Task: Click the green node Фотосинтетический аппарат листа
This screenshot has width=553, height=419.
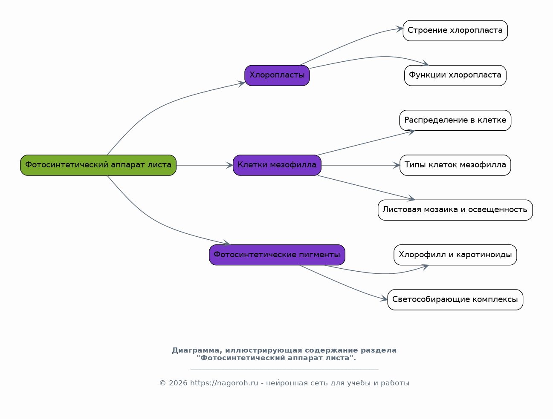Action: [98, 165]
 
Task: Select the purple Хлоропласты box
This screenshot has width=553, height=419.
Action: [277, 75]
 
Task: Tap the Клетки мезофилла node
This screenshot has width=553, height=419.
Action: [277, 165]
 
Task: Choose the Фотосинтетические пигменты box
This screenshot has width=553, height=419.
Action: [277, 255]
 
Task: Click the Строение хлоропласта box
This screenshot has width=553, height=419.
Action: [455, 31]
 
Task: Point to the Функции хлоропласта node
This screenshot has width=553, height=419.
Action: [455, 75]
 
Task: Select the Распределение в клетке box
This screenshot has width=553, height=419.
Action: [455, 120]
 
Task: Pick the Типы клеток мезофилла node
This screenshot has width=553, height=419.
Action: [455, 165]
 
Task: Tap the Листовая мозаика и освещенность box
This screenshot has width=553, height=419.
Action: [455, 210]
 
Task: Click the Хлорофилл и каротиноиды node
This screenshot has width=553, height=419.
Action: [455, 255]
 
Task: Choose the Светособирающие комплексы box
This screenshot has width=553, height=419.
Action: [455, 299]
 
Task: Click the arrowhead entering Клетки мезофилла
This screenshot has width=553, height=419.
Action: [230, 165]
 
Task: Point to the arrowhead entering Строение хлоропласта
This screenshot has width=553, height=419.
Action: [400, 29]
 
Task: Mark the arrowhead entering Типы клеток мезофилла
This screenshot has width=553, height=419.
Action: [397, 165]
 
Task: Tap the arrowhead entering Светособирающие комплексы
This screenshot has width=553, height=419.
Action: [384, 298]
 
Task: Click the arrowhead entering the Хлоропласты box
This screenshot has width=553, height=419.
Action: [241, 83]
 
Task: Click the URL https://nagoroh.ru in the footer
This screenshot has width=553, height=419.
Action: [224, 383]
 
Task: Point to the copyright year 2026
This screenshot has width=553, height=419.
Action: [178, 383]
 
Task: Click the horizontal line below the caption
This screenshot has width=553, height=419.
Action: [284, 370]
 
